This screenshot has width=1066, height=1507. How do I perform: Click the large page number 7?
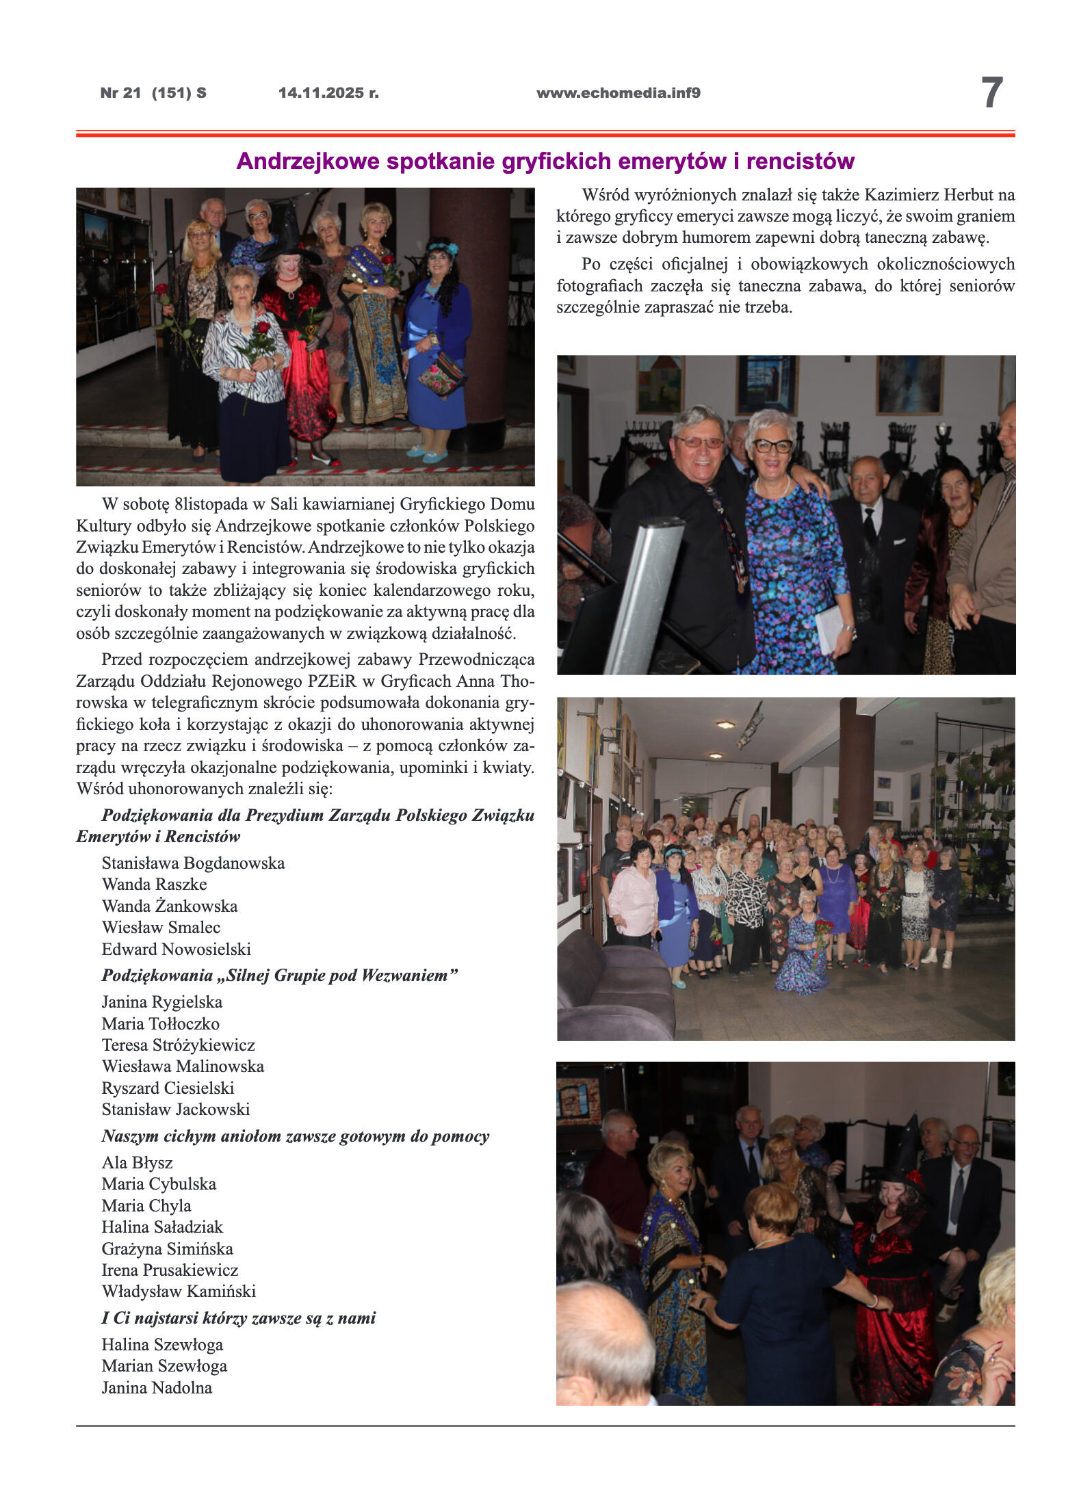991,93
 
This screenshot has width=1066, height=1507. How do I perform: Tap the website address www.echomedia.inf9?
618,93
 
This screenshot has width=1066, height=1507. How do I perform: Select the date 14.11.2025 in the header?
328,93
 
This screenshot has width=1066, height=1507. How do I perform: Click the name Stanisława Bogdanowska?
193,863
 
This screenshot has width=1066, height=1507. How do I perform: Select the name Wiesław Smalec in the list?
161,927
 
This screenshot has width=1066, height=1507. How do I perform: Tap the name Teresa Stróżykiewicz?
178,1045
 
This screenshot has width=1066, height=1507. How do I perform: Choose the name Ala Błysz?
137,1162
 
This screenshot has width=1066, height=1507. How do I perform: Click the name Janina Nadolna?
157,1387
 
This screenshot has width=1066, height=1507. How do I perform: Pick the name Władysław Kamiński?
179,1291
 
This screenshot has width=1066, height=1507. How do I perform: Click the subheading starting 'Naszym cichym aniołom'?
295,1136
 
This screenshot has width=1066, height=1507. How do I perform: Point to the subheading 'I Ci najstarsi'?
238,1318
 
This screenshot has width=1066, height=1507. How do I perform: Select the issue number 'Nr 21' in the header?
120,93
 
